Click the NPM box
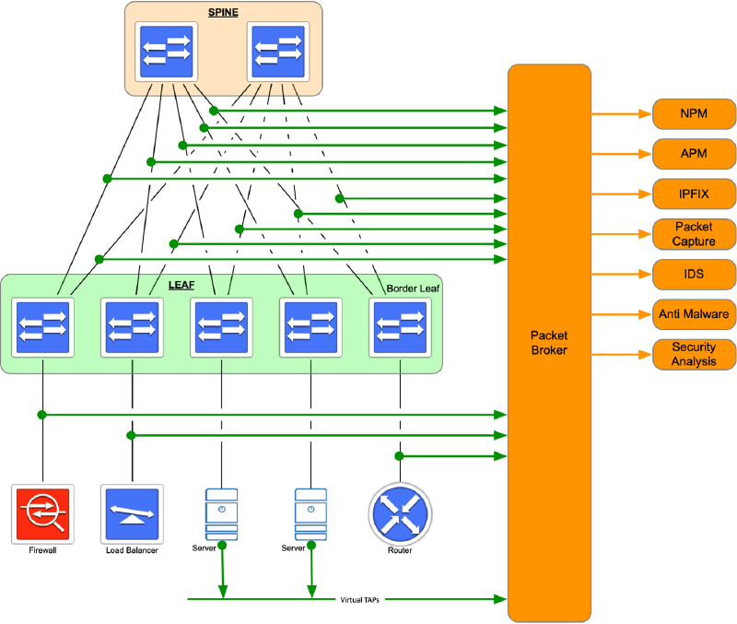pos(694,114)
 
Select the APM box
pos(694,153)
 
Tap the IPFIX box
pos(694,194)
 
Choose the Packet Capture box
pos(694,234)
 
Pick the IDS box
pos(694,275)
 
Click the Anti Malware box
pos(694,314)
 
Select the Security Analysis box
pos(694,354)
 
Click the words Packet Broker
pos(548,342)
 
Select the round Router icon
pos(399,514)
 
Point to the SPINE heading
pos(224,12)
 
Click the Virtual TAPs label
pos(359,599)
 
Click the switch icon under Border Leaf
pos(399,327)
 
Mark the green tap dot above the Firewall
pos(41,415)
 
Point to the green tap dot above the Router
pos(399,456)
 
